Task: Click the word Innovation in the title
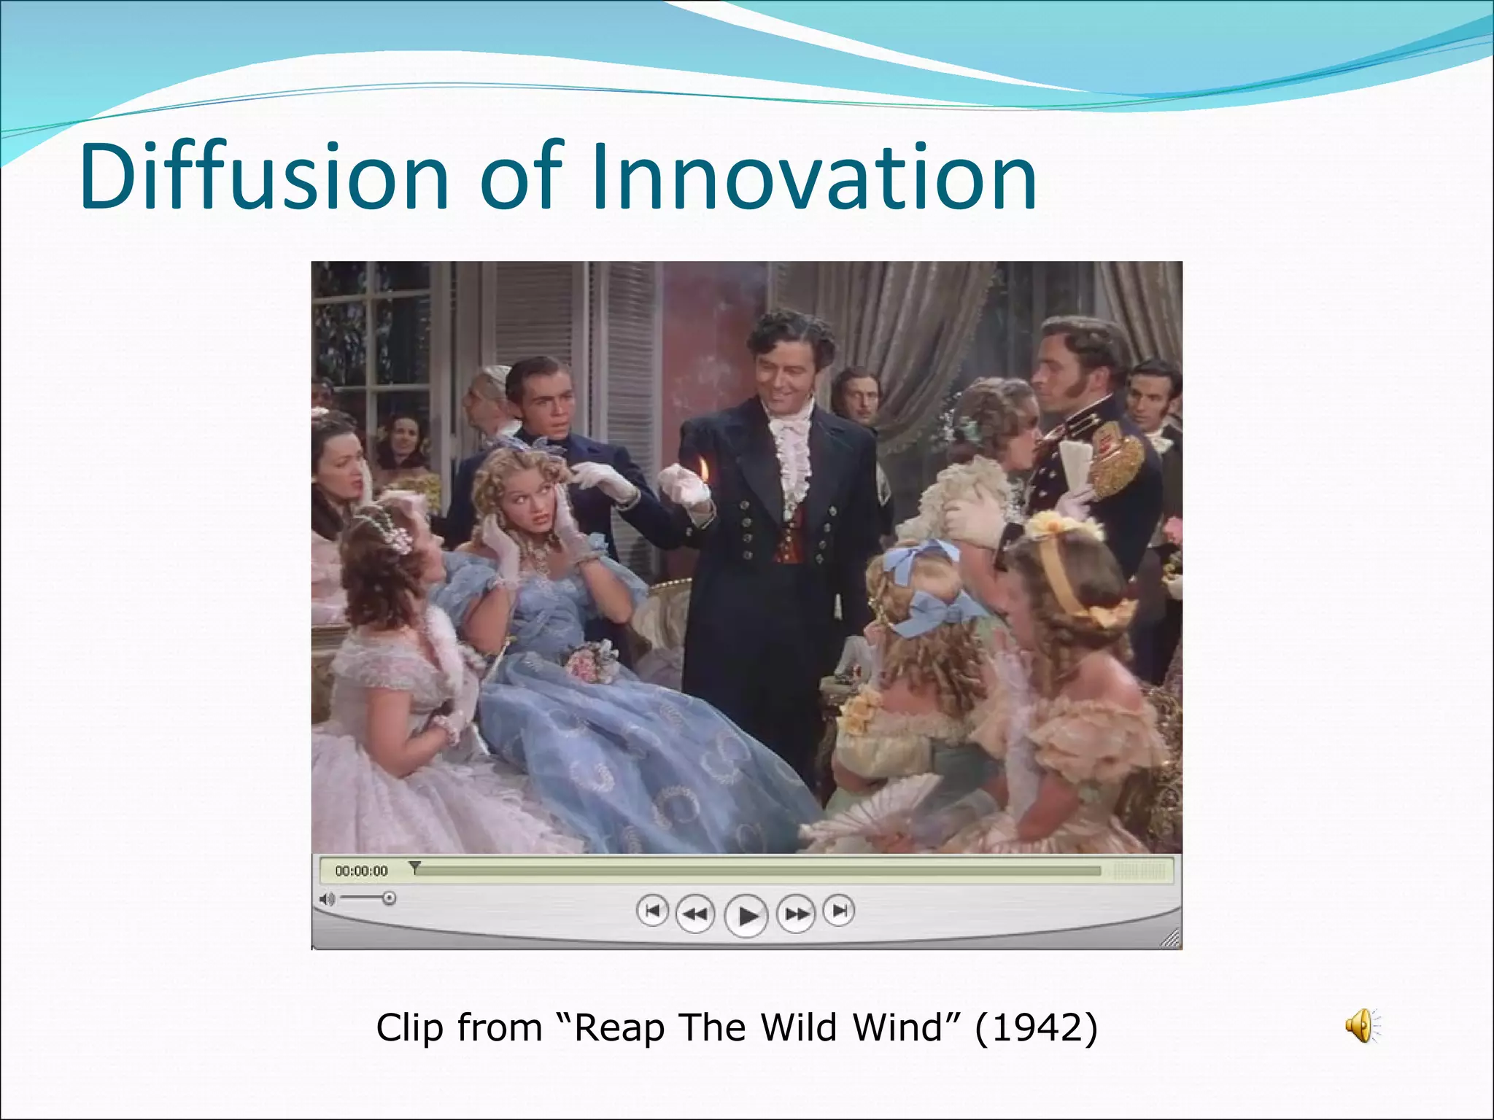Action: tap(813, 176)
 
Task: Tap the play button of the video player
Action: tap(746, 915)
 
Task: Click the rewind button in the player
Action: tap(695, 913)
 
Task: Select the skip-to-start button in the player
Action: tap(652, 911)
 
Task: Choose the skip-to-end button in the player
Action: tap(839, 911)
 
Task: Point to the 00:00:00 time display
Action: tap(361, 871)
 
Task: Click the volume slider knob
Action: tap(390, 898)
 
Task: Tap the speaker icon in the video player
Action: tap(327, 899)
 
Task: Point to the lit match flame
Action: tap(704, 465)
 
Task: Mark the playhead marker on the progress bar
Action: tap(414, 867)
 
